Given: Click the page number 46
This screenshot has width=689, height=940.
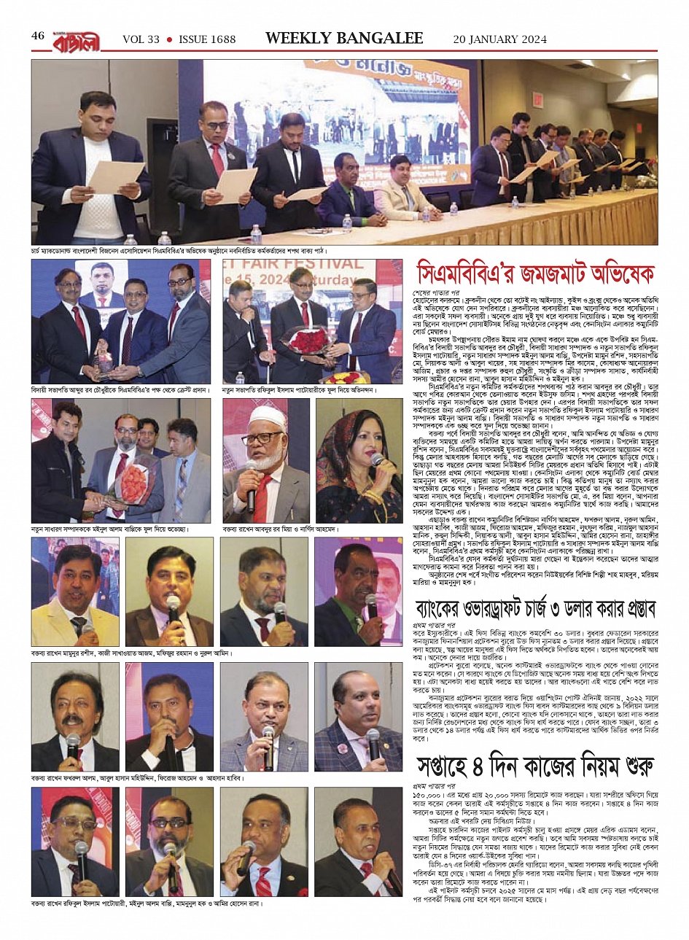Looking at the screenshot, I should [39, 36].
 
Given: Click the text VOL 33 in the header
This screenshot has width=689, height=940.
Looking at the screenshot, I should [141, 39].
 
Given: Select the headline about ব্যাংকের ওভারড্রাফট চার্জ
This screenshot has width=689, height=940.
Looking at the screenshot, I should [537, 607].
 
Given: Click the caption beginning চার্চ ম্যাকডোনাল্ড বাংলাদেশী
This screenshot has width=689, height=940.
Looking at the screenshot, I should [179, 251].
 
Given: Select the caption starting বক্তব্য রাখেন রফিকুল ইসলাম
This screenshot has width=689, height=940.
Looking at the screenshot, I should [146, 904].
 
